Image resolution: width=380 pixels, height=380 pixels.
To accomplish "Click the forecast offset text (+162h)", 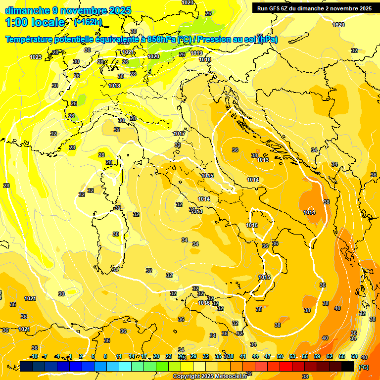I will pos(88,22).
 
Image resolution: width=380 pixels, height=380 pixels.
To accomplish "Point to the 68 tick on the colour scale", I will pos(354,356).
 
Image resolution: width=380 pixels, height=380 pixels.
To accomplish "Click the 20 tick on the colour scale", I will pos(156,356).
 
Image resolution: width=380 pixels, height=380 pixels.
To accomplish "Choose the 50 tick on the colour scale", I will pos(280,356).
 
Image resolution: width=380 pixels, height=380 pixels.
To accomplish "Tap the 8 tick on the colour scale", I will pos(105,356).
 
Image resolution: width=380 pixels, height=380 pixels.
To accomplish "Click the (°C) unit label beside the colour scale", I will pos(363,367).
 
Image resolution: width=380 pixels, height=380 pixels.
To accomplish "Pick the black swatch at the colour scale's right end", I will pos(348,366).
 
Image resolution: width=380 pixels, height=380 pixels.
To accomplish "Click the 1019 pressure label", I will pos(197,53).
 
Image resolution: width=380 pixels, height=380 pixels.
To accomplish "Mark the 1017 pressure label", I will pos(179,134).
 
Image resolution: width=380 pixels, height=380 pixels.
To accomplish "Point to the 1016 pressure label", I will pos(203,303).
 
